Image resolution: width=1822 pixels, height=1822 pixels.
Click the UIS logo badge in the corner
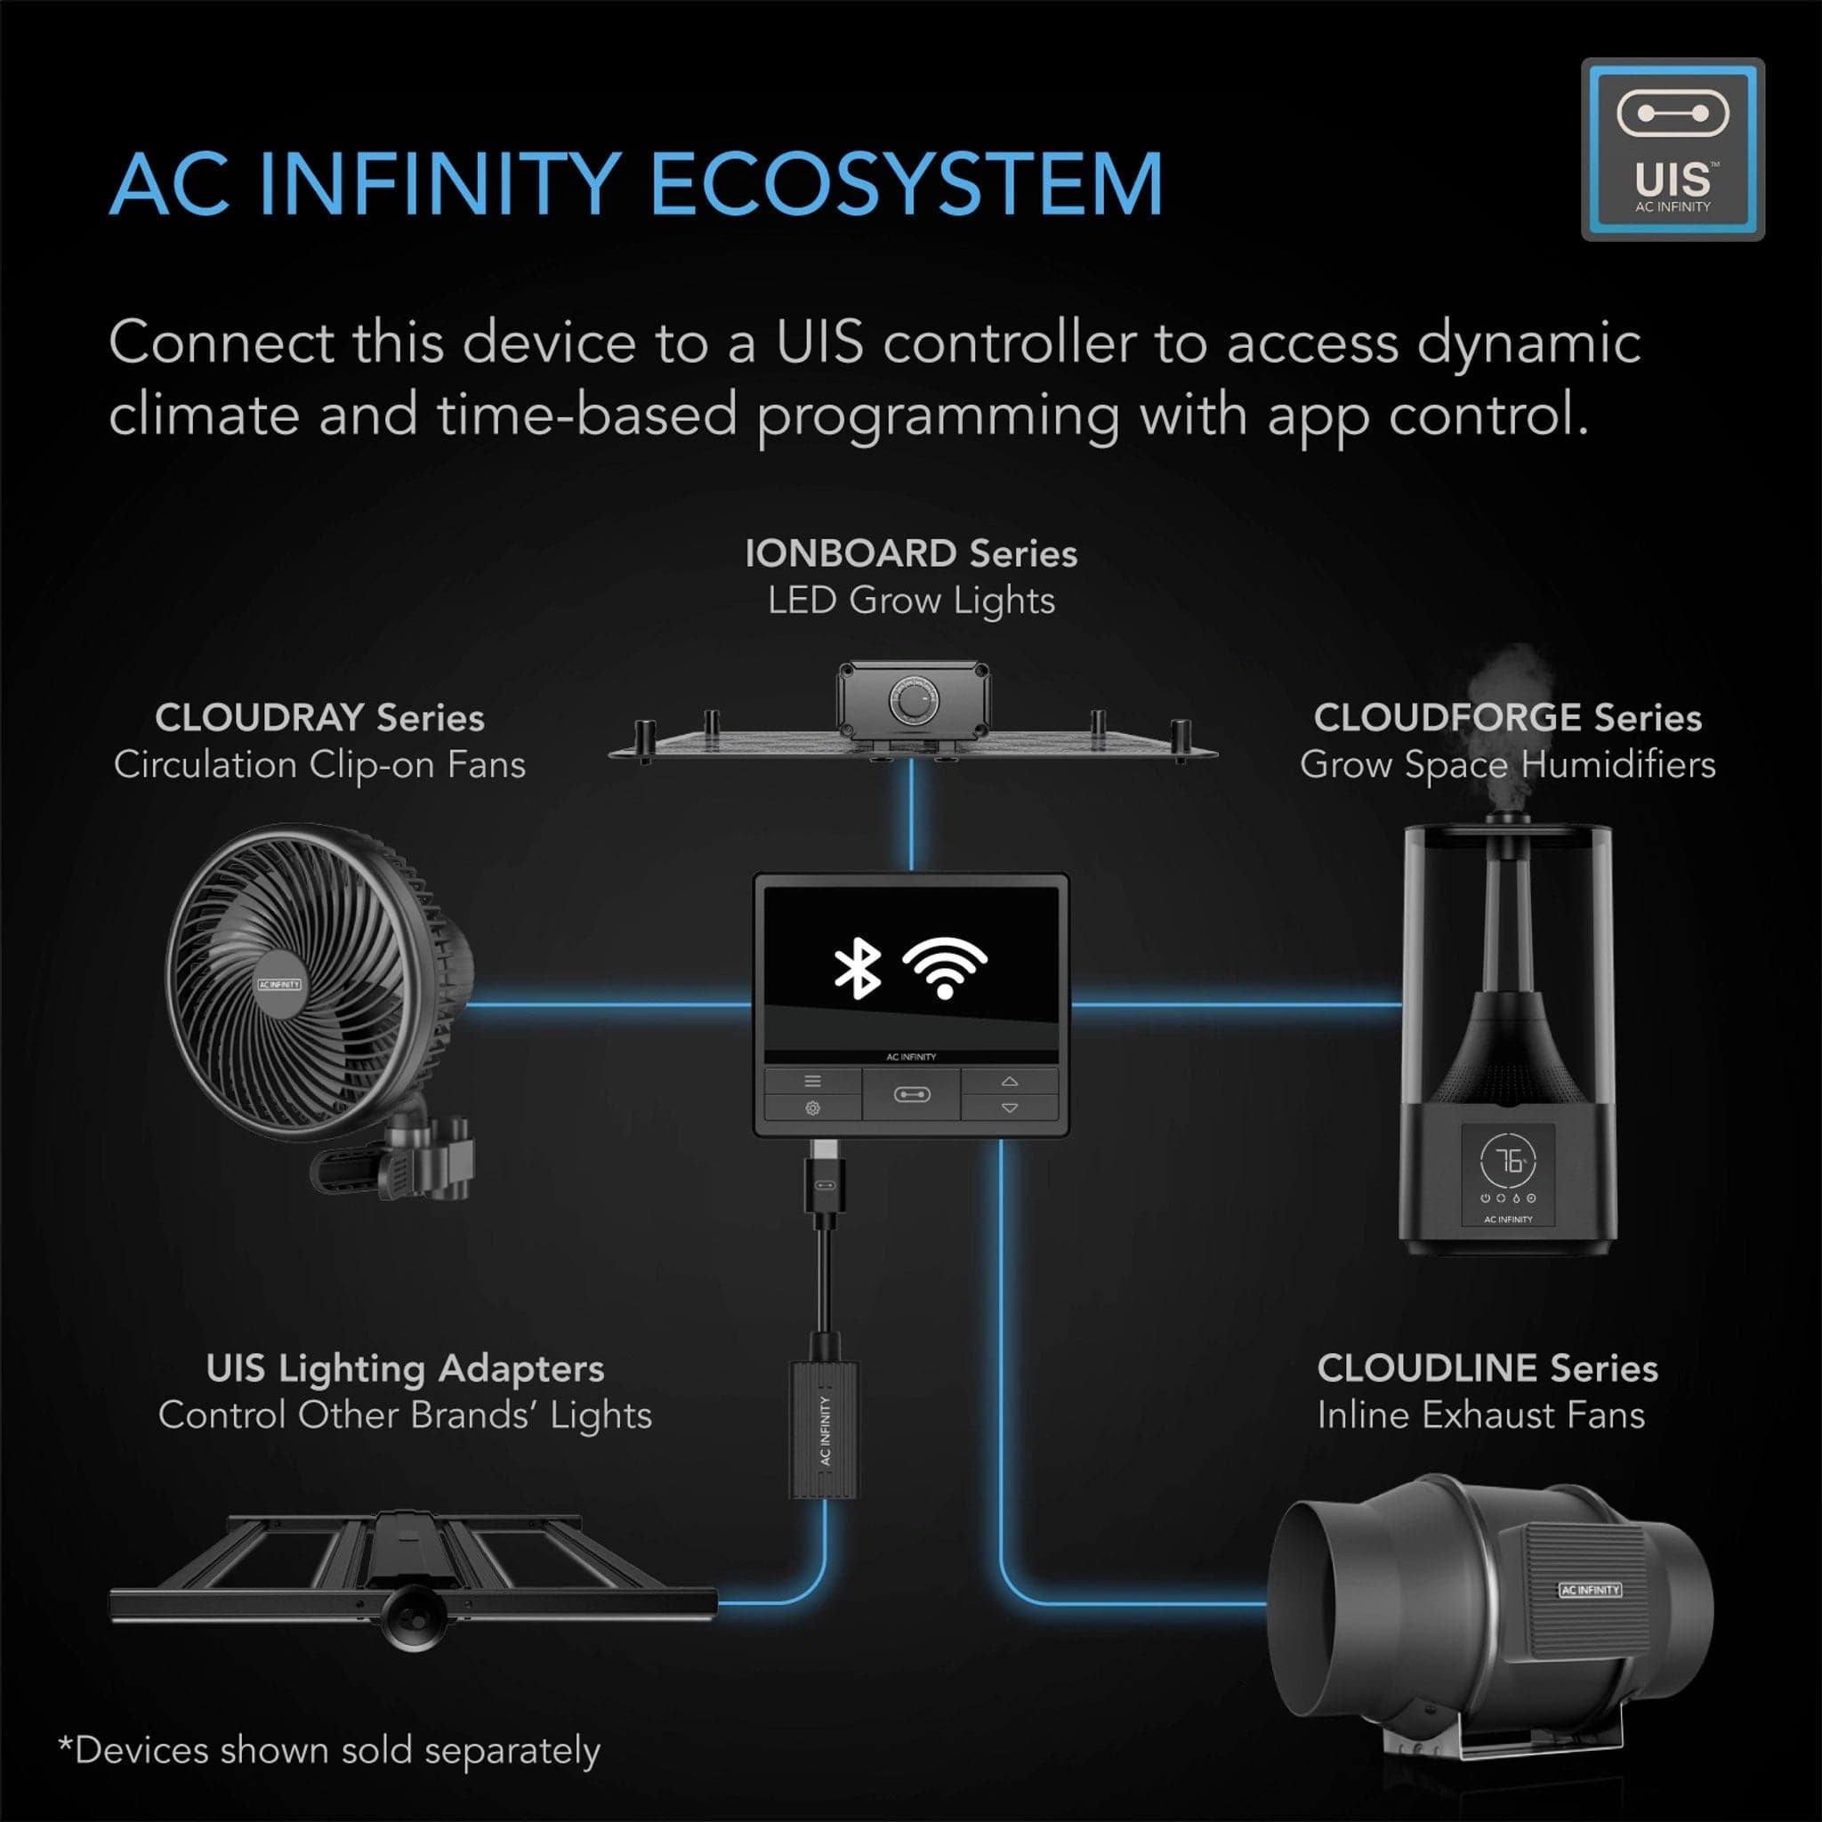point(1672,149)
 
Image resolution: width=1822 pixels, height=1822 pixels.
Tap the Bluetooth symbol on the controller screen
point(858,969)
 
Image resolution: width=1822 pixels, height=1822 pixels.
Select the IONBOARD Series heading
point(911,553)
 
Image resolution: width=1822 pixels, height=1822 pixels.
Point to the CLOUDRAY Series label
point(319,718)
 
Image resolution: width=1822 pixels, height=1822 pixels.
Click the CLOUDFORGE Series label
point(1507,718)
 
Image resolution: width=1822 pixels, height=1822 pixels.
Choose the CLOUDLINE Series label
point(1487,1367)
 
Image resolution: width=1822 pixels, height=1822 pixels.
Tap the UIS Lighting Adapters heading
point(406,1367)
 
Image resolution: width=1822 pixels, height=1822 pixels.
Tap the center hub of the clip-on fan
point(279,984)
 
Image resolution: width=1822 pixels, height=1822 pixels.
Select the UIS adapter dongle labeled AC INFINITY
point(824,1429)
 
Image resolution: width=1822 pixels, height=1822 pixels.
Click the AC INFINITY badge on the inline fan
point(1590,1589)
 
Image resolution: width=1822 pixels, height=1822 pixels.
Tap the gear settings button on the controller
point(812,1109)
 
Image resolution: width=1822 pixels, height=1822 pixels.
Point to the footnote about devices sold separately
point(329,1750)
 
